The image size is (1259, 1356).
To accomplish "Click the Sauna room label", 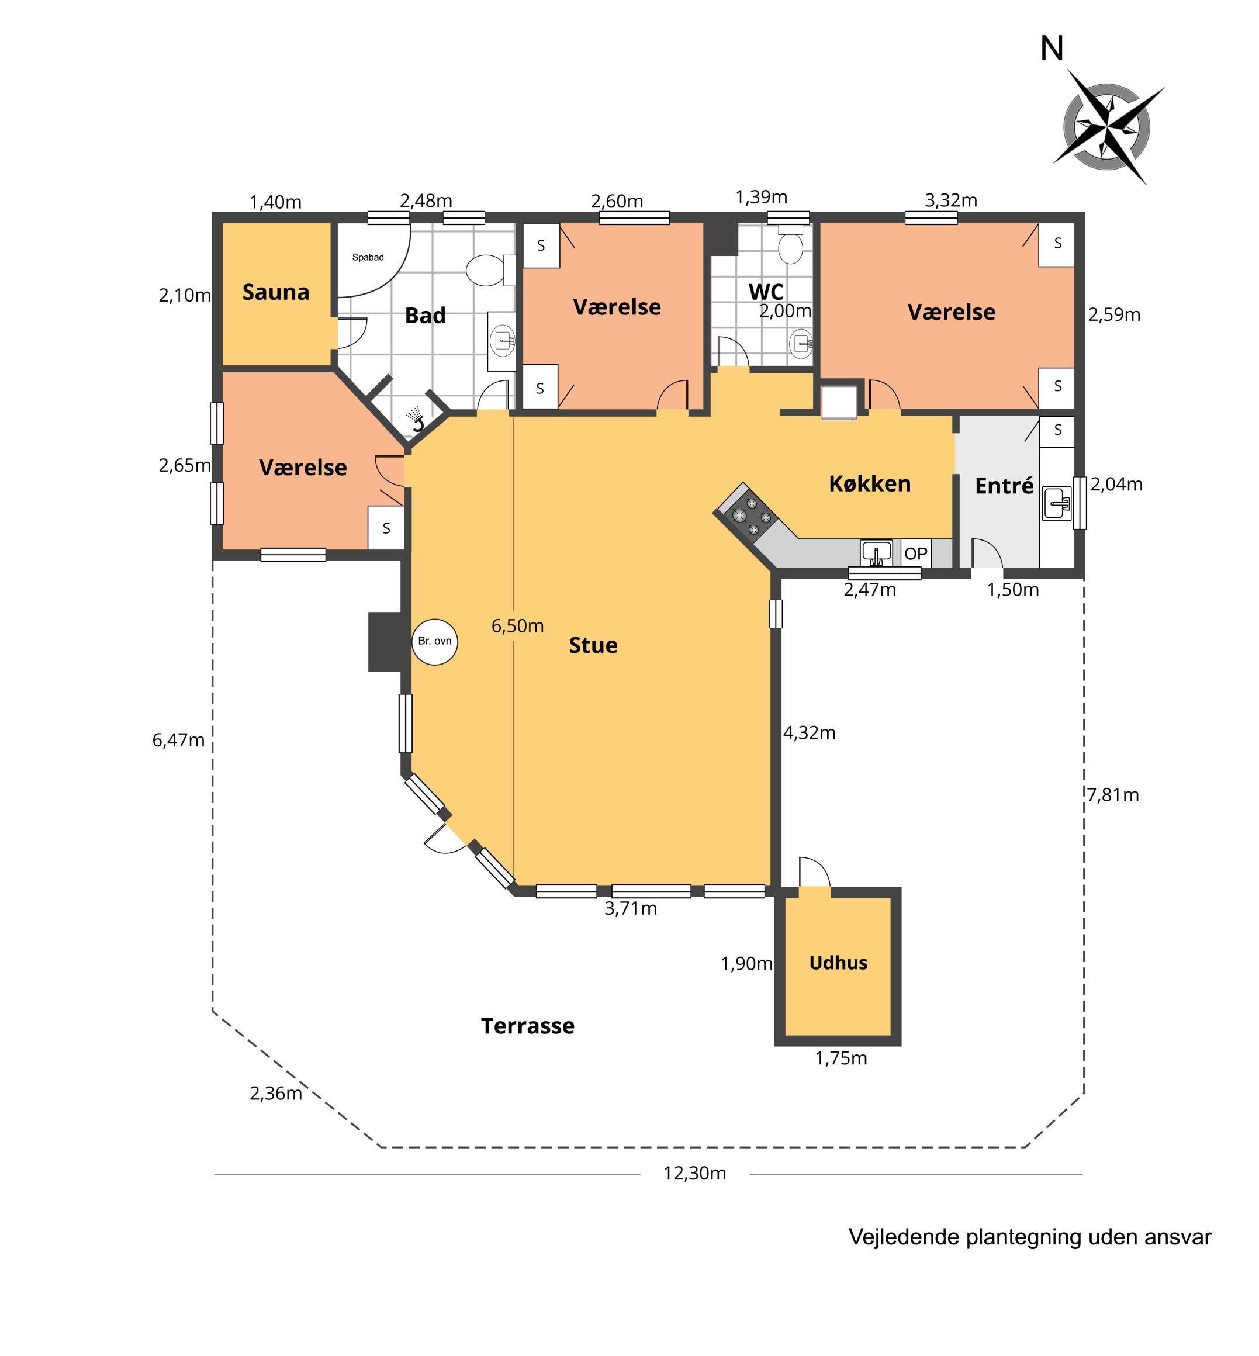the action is pos(276,292).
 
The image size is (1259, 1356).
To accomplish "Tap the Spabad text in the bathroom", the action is pos(368,258).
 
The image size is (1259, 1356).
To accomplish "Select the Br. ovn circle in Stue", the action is pos(435,641).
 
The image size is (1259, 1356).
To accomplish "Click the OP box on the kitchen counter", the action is pos(916,554).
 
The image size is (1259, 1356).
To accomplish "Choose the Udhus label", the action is pos(838,963).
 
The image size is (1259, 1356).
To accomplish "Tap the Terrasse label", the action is pos(527,1026).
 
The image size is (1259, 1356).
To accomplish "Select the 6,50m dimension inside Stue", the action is pos(518,625).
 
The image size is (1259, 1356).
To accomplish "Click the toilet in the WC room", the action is pos(790,245).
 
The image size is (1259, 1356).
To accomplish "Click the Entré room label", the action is pos(1004,485).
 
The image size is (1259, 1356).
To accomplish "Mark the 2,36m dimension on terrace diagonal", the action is pos(276,1094).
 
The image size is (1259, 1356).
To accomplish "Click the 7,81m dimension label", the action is pos(1112,794).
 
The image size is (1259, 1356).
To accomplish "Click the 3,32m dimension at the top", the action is pos(951,200).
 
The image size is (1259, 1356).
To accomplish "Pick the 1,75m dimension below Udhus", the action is pos(841,1058).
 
